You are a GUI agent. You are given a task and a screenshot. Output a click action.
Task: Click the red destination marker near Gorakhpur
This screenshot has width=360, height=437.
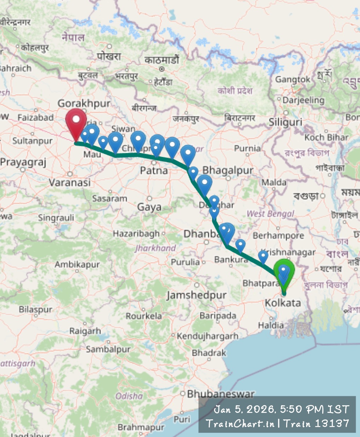[76, 122]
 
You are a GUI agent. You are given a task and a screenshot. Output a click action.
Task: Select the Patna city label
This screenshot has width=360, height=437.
[154, 171]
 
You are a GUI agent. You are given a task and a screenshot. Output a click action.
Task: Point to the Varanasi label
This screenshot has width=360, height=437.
[70, 182]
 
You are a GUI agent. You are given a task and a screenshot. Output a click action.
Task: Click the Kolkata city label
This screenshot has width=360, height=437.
[283, 303]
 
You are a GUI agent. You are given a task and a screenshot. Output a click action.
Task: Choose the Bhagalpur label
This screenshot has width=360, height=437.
[228, 170]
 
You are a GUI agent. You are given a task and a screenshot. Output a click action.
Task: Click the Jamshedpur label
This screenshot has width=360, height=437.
[196, 295]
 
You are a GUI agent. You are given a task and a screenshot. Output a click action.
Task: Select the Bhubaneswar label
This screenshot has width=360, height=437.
[221, 394]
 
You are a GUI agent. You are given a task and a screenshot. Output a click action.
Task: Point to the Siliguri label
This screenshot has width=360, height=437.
[285, 122]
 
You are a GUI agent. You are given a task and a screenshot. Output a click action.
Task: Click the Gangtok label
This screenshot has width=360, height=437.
[293, 79]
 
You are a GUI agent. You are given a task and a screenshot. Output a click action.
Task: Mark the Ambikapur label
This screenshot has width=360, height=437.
[77, 264]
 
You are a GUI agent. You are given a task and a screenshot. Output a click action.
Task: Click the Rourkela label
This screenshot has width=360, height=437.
[144, 315]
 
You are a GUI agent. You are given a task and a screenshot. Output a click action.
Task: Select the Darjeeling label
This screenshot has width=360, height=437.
[303, 100]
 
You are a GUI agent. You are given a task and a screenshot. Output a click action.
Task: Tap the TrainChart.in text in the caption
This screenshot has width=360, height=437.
[240, 423]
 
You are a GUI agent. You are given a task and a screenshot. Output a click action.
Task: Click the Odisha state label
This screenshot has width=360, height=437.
[129, 396]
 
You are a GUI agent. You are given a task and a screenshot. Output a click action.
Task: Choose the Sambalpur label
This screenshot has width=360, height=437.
[108, 349]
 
